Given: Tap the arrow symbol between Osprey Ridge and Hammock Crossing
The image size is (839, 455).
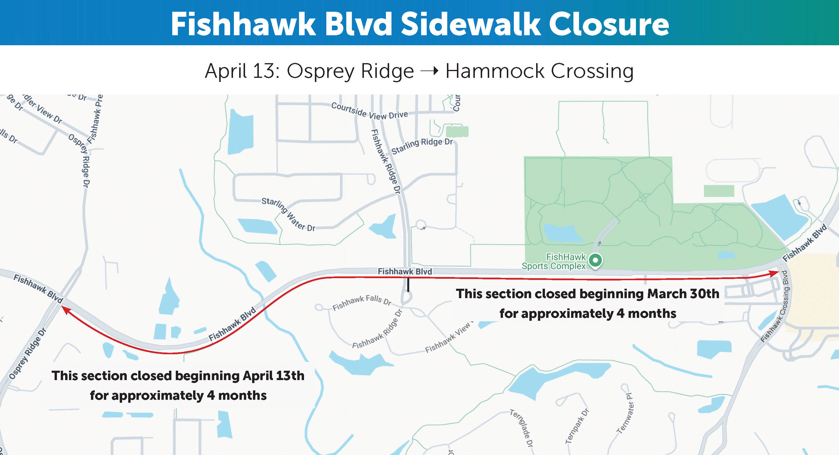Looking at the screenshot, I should click(x=430, y=70).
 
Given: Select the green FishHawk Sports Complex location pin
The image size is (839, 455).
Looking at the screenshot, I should click(x=596, y=261).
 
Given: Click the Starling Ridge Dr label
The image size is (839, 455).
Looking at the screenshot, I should click(x=422, y=145).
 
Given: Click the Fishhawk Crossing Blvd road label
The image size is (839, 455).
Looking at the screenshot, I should click(x=775, y=306).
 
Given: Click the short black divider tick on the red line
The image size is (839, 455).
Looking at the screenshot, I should click(x=408, y=284).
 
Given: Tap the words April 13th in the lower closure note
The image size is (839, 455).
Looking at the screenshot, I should click(x=274, y=375).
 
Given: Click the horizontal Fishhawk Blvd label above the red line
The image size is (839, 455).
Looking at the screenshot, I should click(x=405, y=271).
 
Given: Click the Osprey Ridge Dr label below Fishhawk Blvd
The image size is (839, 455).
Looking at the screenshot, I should click(x=28, y=354).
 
